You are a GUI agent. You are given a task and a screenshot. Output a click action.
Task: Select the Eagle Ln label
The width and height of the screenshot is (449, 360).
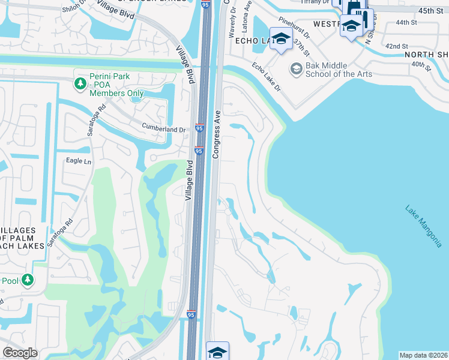pyautogui.click(x=79, y=162)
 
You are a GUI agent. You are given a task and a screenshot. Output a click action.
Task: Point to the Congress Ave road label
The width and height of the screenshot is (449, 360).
pyautogui.click(x=217, y=134)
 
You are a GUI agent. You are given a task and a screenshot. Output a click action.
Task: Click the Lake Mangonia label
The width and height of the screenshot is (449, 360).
pyautogui.click(x=423, y=227)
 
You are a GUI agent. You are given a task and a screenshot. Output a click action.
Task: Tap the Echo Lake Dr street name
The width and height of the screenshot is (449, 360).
pyautogui.click(x=266, y=77)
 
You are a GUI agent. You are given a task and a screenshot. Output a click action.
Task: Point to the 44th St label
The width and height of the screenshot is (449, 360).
pyautogui.click(x=406, y=22)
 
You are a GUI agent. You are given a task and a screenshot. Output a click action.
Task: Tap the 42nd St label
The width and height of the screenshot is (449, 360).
pyautogui.click(x=396, y=46)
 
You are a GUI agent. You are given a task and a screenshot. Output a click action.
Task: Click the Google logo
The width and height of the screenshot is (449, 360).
pyautogui.click(x=20, y=353)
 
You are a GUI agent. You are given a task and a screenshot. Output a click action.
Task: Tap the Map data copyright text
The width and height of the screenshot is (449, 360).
pyautogui.click(x=423, y=355)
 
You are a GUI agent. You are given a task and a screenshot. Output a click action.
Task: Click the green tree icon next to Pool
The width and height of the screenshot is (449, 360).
pyautogui.click(x=27, y=280)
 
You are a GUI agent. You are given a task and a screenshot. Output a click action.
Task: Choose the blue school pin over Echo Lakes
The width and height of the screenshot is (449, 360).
pyautogui.click(x=280, y=40)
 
